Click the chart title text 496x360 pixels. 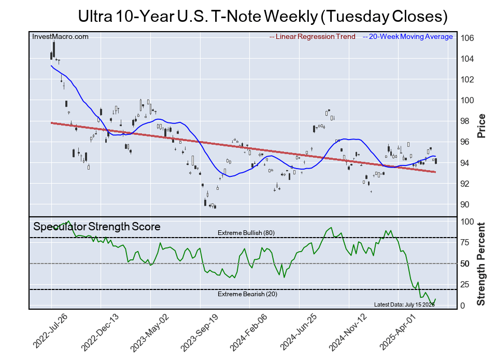[262, 16]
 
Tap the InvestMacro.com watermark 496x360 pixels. [61, 36]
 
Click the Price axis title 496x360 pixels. [481, 126]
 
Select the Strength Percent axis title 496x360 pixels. [481, 264]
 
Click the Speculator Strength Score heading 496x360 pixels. [97, 227]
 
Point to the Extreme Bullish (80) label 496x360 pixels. [246, 233]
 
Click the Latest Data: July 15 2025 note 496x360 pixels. [404, 304]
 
